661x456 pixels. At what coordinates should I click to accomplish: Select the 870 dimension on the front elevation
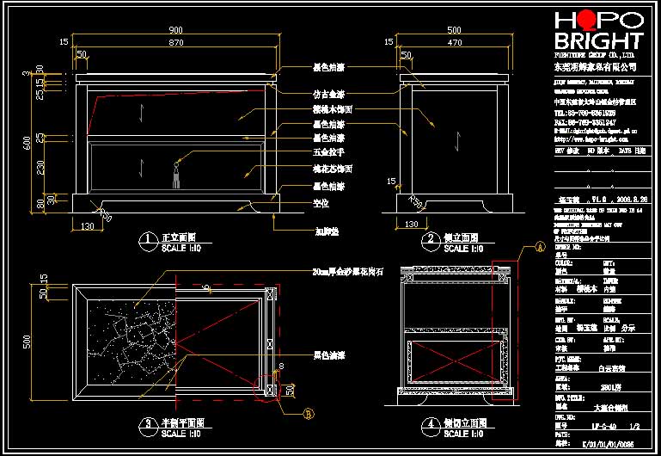[x=175, y=42]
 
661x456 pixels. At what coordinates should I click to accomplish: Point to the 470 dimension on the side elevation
[x=455, y=42]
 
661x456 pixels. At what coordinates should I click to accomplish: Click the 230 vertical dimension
[x=40, y=166]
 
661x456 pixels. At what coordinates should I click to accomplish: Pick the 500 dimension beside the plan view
[x=28, y=342]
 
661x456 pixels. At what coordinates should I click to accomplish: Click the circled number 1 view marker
[x=149, y=237]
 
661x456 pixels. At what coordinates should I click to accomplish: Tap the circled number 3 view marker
[x=149, y=423]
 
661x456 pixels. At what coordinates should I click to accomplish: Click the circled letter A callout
[x=540, y=247]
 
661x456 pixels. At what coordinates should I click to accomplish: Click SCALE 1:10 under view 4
[x=463, y=434]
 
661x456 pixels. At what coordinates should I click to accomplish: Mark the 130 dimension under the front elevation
[x=87, y=225]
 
